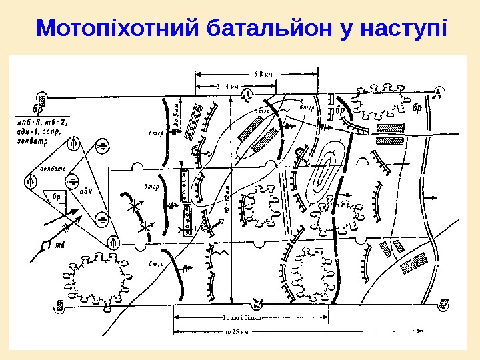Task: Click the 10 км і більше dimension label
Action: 243,317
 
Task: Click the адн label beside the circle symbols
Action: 85,190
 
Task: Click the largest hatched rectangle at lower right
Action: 413,265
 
